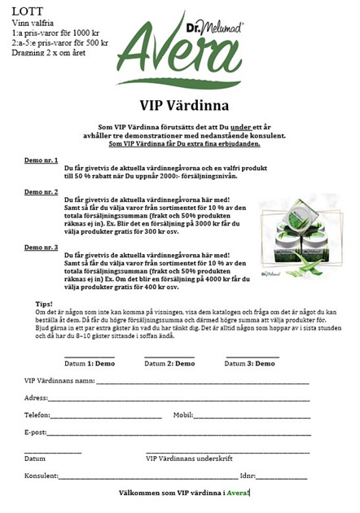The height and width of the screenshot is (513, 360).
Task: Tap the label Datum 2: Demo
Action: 169,364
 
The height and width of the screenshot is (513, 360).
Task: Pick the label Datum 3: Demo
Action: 248,364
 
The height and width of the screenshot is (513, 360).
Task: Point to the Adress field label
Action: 37,398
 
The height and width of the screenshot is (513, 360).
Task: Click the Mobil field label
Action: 182,415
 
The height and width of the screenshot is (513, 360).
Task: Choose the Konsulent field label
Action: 42,476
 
